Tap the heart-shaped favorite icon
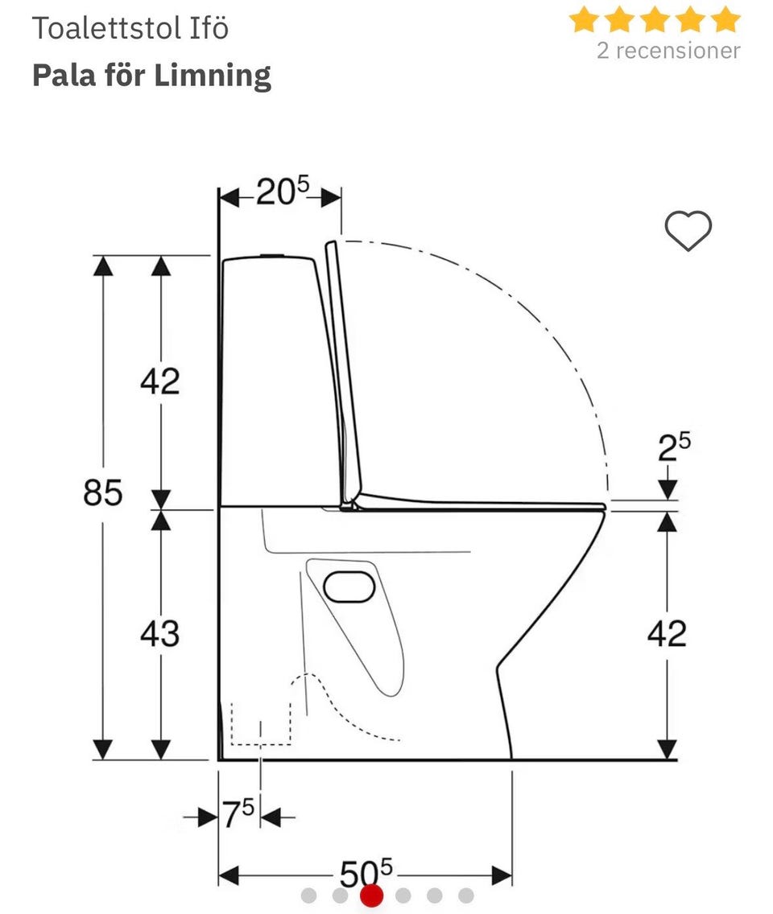pos(688,231)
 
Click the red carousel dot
pos(372,895)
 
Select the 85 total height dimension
pos(103,492)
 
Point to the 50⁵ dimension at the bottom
pos(366,873)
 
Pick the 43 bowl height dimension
pos(160,633)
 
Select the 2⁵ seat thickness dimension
pos(675,447)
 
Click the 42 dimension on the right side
pos(667,633)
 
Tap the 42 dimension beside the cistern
pos(160,381)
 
